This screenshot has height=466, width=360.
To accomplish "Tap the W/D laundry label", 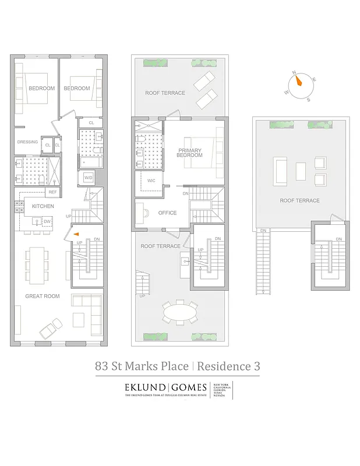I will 89,177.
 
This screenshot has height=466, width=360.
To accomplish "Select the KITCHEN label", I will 43,206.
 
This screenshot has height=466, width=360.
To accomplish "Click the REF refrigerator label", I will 52,192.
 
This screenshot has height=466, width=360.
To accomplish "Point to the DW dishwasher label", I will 47,221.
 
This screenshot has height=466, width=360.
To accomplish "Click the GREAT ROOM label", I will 42,296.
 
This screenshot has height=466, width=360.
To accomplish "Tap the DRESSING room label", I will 27,142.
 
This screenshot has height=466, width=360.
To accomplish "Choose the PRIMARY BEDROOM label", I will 190,153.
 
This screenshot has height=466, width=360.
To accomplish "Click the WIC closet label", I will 151,181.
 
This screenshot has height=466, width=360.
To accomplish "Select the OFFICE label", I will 167,213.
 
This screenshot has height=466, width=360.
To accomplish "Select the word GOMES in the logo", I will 189,387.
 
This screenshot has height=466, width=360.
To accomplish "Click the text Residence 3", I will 228,366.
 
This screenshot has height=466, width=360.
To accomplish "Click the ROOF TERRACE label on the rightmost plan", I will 299,200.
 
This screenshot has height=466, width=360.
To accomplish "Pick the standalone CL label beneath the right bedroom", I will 91,123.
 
